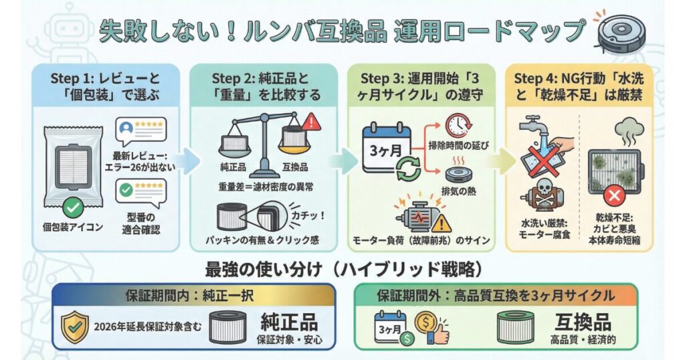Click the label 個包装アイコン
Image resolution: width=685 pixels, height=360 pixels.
[x=74, y=228]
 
